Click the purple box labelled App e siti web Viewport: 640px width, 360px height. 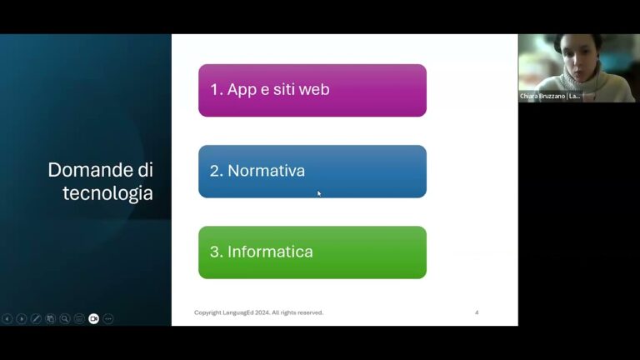[x=312, y=90]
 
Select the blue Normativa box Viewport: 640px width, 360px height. [x=312, y=171]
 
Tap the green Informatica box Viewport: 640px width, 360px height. [x=312, y=252]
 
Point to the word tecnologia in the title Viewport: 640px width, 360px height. [x=107, y=193]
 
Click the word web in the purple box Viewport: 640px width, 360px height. [x=313, y=89]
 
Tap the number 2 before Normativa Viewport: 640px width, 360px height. [x=215, y=171]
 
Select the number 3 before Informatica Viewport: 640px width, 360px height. [x=215, y=252]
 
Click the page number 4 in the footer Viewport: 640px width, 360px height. [x=477, y=312]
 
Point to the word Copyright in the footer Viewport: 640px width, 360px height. [x=208, y=312]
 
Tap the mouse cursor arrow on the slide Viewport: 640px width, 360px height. [x=319, y=193]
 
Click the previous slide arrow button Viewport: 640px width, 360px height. [x=7, y=318]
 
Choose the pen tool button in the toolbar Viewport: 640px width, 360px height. [x=36, y=318]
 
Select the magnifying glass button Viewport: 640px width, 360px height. [x=65, y=318]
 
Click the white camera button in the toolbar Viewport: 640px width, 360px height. [x=93, y=318]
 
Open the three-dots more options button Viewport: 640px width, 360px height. [x=108, y=318]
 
